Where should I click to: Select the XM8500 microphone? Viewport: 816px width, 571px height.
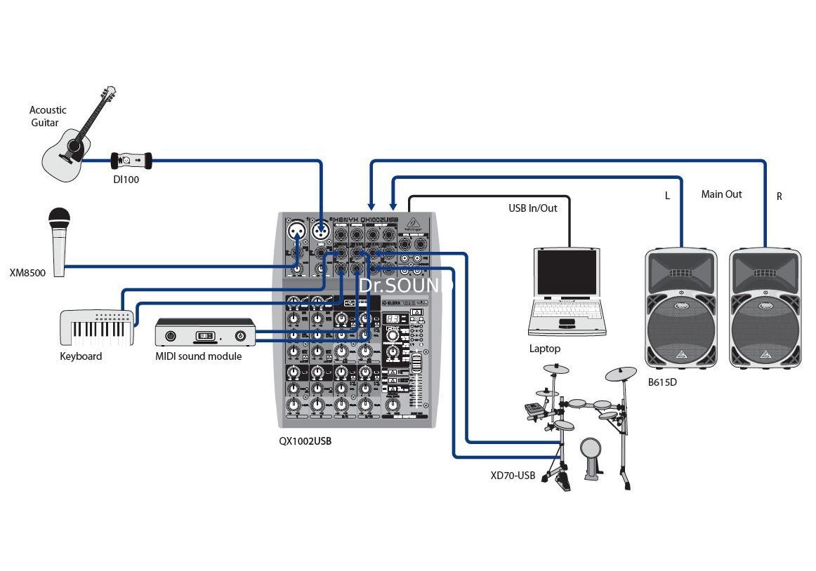[x=59, y=239]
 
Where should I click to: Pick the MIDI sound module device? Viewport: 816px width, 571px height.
[x=205, y=332]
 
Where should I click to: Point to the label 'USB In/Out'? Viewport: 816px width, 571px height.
[x=533, y=208]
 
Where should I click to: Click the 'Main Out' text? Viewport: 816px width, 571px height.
[x=721, y=194]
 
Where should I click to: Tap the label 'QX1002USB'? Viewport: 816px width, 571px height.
[x=305, y=442]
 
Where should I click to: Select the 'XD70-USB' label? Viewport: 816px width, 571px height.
[x=513, y=476]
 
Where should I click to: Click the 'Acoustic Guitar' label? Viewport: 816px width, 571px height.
[x=48, y=116]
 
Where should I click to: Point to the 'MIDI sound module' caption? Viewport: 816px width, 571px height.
[x=198, y=356]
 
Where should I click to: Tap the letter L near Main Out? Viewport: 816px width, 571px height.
[x=667, y=196]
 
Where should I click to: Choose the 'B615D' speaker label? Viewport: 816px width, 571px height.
[x=663, y=383]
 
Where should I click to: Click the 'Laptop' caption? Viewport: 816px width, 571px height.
[x=545, y=349]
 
